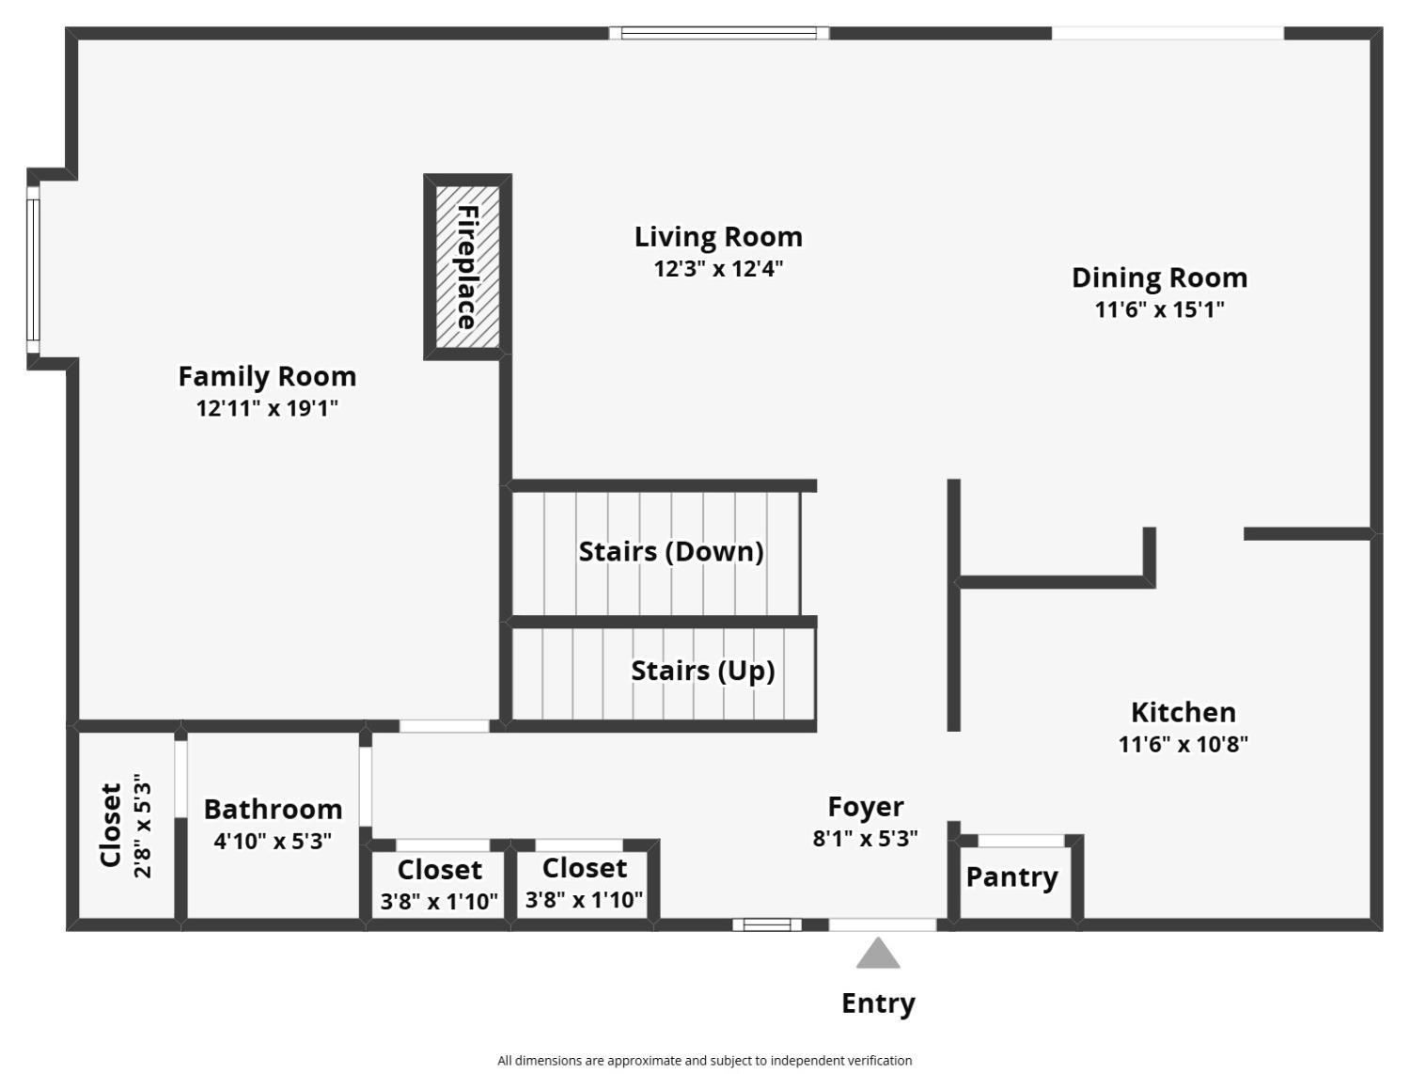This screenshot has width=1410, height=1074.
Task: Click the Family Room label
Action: (267, 376)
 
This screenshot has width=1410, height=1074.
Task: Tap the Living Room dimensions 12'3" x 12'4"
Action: (718, 269)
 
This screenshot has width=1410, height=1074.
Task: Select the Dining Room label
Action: (1159, 277)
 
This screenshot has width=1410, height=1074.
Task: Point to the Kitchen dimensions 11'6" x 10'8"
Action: (1183, 744)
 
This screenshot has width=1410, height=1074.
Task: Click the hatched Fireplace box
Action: (467, 267)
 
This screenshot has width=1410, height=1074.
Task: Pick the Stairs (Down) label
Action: (671, 551)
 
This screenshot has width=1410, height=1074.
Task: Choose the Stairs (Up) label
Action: (703, 671)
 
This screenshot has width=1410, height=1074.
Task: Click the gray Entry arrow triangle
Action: (878, 953)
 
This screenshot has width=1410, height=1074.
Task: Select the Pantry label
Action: (1011, 877)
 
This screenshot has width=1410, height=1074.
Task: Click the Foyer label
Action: (866, 807)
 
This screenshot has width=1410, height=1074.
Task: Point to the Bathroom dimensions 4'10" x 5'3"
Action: (273, 842)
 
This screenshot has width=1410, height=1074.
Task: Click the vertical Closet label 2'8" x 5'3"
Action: (126, 825)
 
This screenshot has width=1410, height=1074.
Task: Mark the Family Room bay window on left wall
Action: (33, 269)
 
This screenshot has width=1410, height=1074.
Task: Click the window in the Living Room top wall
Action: (719, 33)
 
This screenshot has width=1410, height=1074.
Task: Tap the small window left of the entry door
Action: (767, 924)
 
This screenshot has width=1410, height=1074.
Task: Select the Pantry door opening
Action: (1021, 841)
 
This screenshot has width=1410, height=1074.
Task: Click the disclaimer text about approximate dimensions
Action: (705, 1061)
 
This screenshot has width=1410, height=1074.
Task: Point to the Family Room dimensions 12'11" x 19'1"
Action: (267, 408)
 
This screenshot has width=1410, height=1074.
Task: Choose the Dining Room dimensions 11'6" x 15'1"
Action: (1159, 309)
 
